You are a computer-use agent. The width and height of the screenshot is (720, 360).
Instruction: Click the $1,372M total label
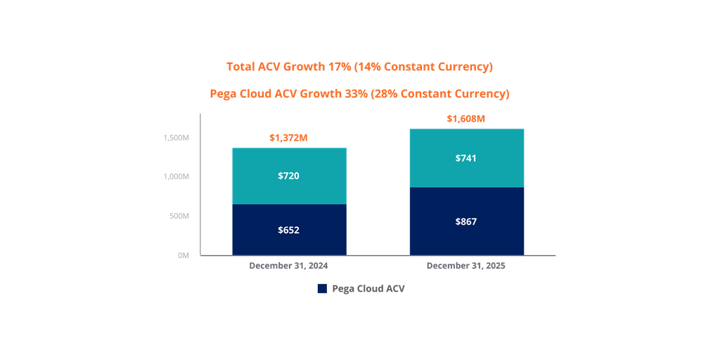tap(288, 138)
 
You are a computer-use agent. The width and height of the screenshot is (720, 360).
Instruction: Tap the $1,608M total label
tap(465, 119)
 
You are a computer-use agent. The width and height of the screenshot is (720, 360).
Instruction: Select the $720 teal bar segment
tap(289, 176)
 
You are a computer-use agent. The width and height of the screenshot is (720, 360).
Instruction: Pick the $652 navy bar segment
tap(289, 230)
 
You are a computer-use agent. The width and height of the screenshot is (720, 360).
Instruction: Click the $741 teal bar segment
tap(466, 158)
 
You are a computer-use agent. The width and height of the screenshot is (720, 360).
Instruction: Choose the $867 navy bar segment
tap(466, 221)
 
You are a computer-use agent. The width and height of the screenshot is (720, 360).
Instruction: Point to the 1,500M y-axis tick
tap(176, 138)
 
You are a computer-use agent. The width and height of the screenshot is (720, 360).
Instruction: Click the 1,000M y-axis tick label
tap(176, 176)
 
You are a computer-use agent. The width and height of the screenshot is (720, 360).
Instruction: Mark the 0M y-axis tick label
tap(183, 255)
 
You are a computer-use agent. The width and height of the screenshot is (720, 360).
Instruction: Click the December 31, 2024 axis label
tap(288, 266)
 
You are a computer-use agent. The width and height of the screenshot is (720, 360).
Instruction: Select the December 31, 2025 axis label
tap(465, 266)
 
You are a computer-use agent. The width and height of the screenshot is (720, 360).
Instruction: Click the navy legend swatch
tap(323, 289)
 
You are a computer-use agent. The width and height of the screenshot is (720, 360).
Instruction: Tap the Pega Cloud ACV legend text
tap(368, 289)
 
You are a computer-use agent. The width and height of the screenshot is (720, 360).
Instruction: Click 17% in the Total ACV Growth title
tap(339, 67)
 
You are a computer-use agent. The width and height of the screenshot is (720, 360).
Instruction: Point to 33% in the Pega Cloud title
tap(355, 94)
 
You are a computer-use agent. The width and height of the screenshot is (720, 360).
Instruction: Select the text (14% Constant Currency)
tap(423, 67)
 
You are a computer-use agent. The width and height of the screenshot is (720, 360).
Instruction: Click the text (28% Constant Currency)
tap(440, 94)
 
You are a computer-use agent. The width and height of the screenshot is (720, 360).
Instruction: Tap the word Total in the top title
tap(241, 67)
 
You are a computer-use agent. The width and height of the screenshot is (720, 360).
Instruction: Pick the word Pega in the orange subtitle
tap(224, 94)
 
